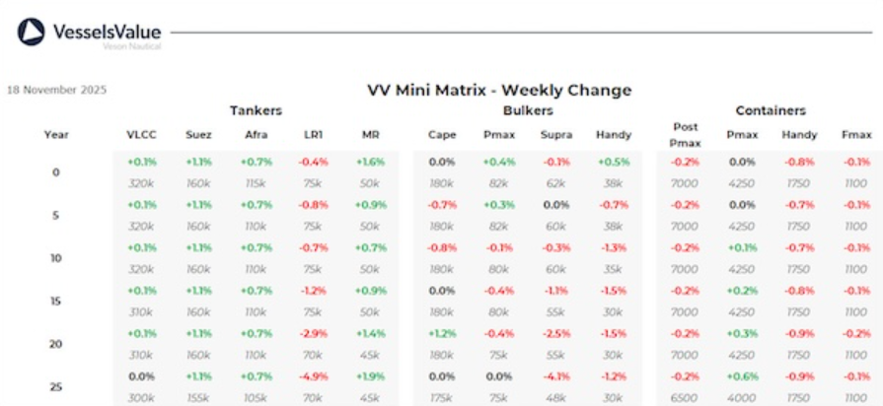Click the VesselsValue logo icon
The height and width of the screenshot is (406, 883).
coord(32,33)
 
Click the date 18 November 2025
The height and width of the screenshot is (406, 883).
coord(57,90)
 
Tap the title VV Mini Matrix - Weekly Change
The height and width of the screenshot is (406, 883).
coord(498,91)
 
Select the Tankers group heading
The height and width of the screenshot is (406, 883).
coord(257,110)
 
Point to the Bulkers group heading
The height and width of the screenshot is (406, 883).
coord(527,110)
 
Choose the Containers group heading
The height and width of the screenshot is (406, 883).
coord(771,110)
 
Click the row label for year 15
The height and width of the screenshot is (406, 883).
coord(56,301)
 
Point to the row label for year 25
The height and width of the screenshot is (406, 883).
coord(56,386)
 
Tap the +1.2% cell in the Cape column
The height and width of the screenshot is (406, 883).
coord(442,333)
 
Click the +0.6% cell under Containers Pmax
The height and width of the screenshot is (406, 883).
coord(743,376)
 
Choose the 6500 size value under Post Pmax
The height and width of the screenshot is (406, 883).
coord(684,397)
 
